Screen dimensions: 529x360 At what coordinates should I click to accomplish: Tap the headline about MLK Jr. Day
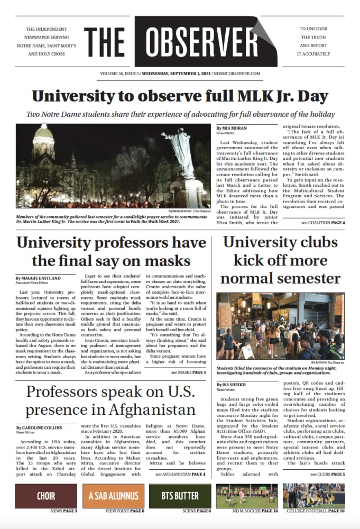coord(180,97)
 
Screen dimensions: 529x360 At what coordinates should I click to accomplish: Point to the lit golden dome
coord(43,141)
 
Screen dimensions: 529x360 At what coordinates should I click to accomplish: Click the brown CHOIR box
coord(46,496)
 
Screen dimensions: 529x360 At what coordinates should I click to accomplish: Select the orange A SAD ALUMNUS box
coord(113,496)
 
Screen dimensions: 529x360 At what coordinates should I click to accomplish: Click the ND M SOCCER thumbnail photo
coord(247,496)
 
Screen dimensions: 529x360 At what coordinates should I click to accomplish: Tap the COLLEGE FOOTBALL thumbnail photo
coord(313,496)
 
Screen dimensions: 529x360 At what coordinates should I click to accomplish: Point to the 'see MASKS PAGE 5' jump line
coord(188,372)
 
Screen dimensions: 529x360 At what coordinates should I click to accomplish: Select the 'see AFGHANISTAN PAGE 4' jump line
coord(180,475)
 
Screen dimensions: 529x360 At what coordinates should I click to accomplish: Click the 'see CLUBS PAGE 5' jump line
coord(328,475)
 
